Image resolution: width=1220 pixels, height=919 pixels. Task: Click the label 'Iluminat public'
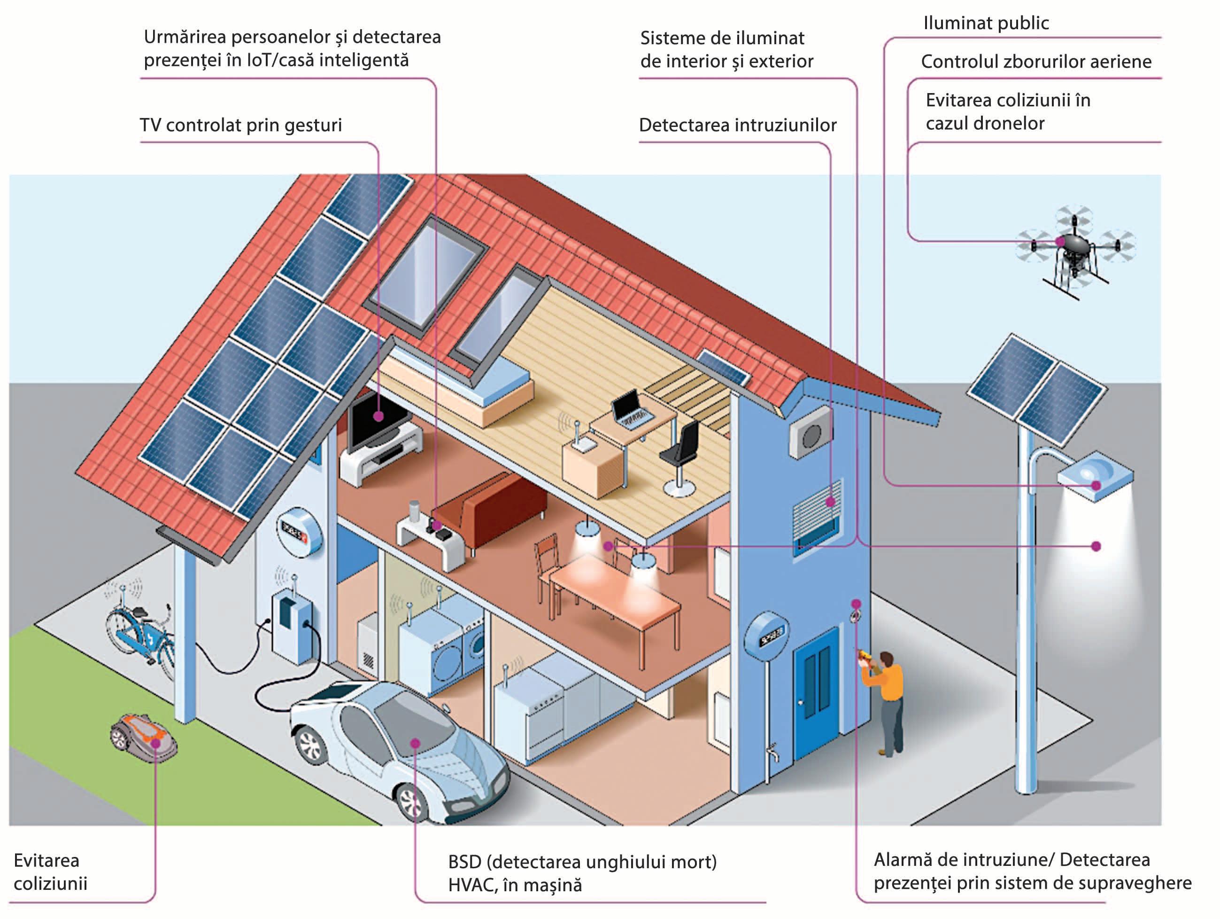(986, 23)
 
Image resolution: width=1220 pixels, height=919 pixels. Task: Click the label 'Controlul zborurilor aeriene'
(1036, 61)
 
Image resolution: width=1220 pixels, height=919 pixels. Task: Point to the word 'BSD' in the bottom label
(465, 861)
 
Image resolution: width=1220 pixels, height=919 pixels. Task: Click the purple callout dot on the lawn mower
(156, 743)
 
